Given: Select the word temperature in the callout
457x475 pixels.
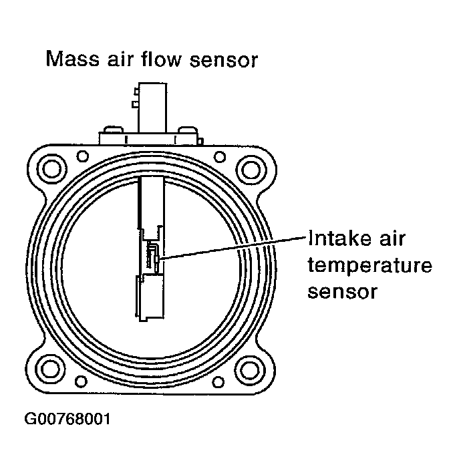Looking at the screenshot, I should pos(369,266).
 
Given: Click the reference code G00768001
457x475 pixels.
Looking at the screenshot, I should pos(68,420).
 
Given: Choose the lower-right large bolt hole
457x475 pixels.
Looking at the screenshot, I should pos(251,368).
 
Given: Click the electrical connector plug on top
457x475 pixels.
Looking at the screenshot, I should pos(150,107).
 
